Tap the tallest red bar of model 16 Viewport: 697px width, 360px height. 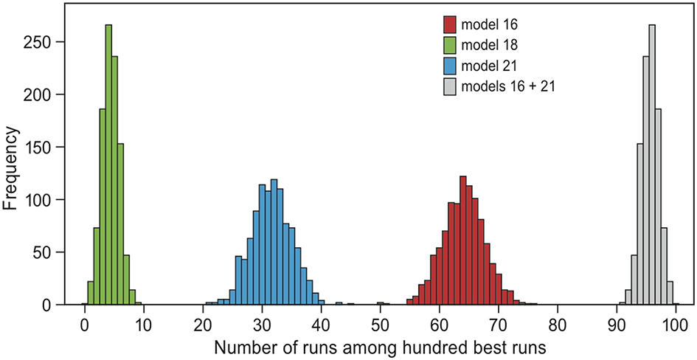click(x=462, y=240)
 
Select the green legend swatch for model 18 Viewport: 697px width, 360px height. click(x=450, y=46)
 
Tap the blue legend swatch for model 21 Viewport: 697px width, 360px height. click(x=450, y=66)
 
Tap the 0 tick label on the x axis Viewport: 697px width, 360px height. click(x=85, y=323)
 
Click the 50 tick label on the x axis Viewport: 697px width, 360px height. click(x=381, y=323)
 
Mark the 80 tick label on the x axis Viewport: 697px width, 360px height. click(x=558, y=323)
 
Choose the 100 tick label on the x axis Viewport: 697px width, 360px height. click(x=676, y=323)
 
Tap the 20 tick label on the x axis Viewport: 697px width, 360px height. click(x=203, y=323)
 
